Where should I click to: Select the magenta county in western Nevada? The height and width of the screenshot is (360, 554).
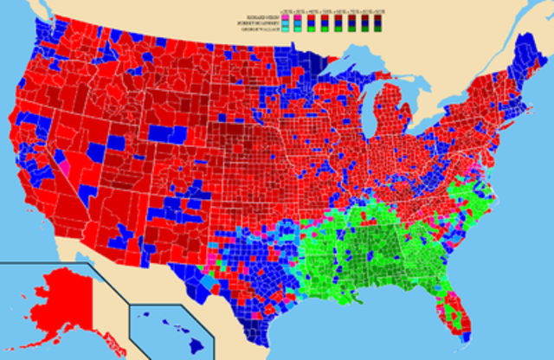tap(63, 163)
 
